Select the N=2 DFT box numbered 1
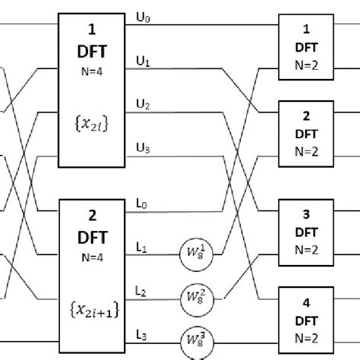pos(306,46)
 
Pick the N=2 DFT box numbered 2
pos(306,131)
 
